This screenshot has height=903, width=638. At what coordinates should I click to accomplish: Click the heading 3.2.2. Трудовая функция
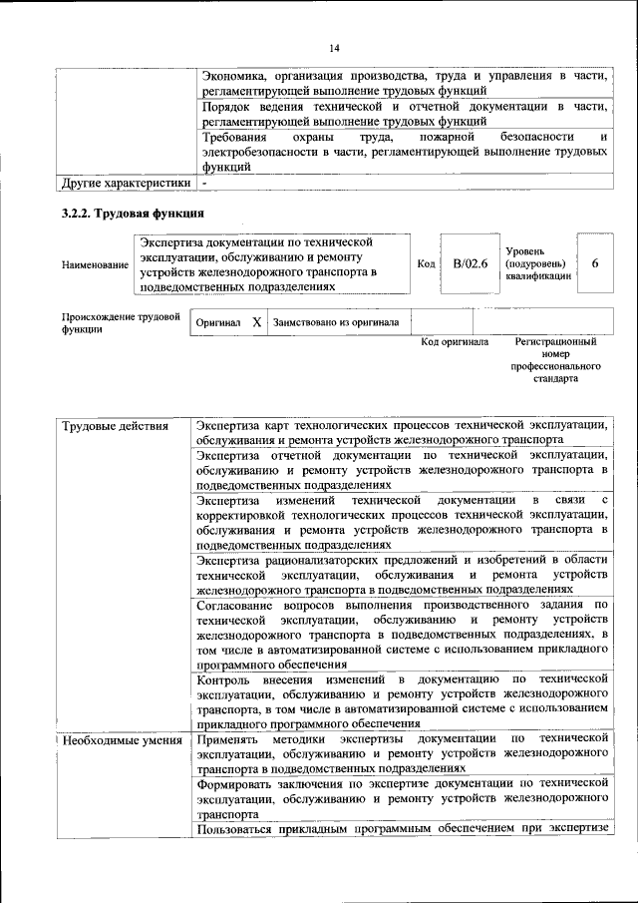tap(134, 214)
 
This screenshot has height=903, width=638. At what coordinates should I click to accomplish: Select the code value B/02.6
tap(469, 263)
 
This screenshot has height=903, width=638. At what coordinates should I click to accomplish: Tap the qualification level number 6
tap(595, 263)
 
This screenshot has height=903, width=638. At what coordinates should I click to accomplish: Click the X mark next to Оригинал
tap(256, 322)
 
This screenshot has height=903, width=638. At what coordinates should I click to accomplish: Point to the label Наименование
tap(95, 264)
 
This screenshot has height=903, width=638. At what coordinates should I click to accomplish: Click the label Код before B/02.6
tap(427, 263)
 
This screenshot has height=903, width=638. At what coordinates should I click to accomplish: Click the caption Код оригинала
tap(455, 341)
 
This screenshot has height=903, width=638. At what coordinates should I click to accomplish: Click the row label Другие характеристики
tap(126, 183)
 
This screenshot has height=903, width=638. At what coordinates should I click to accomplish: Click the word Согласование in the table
tap(239, 605)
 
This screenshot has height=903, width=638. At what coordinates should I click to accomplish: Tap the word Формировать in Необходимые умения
tap(237, 785)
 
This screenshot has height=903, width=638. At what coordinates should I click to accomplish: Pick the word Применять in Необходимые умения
tap(229, 740)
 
